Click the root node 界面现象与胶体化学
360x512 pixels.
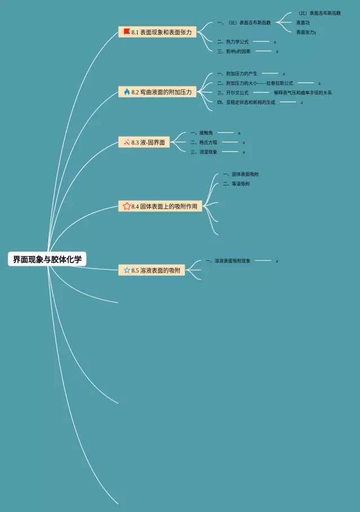(x=47, y=259)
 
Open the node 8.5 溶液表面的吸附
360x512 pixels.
(x=152, y=270)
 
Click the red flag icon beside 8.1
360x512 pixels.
(x=127, y=32)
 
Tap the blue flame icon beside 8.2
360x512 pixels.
(x=127, y=92)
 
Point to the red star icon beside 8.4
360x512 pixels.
(x=127, y=206)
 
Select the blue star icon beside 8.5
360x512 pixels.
(x=127, y=270)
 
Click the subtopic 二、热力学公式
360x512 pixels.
(x=232, y=42)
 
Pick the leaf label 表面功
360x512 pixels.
(x=303, y=22)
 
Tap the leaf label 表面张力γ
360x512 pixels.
(x=306, y=32)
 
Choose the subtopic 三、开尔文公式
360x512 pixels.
(x=232, y=93)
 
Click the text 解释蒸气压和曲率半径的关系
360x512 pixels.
(x=303, y=93)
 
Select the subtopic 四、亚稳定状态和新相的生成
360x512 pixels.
(x=246, y=102)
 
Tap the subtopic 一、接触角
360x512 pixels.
(x=201, y=133)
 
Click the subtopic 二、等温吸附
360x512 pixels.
(x=236, y=184)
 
